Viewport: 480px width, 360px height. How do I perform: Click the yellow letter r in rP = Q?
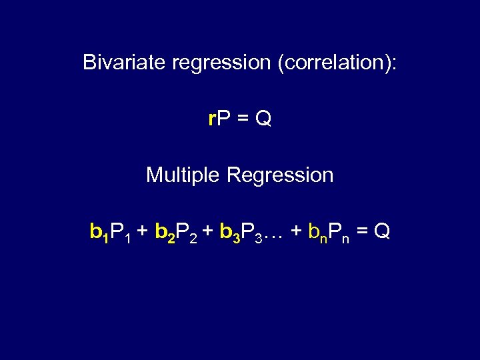(211, 119)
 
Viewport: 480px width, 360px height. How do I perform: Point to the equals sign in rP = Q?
(243, 119)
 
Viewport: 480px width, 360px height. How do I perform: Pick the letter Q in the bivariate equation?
(263, 119)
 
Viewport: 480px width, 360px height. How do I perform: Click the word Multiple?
(183, 175)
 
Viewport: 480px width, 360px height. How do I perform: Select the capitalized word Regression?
(280, 175)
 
